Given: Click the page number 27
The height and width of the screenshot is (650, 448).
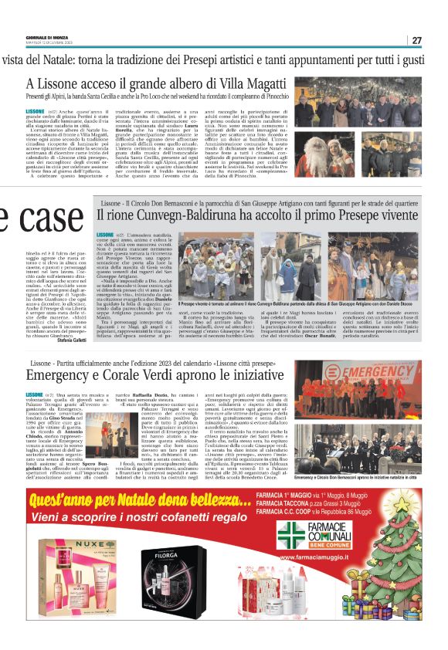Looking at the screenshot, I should pyautogui.click(x=416, y=40).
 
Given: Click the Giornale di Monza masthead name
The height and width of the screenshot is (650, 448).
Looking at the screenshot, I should pyautogui.click(x=46, y=37).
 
